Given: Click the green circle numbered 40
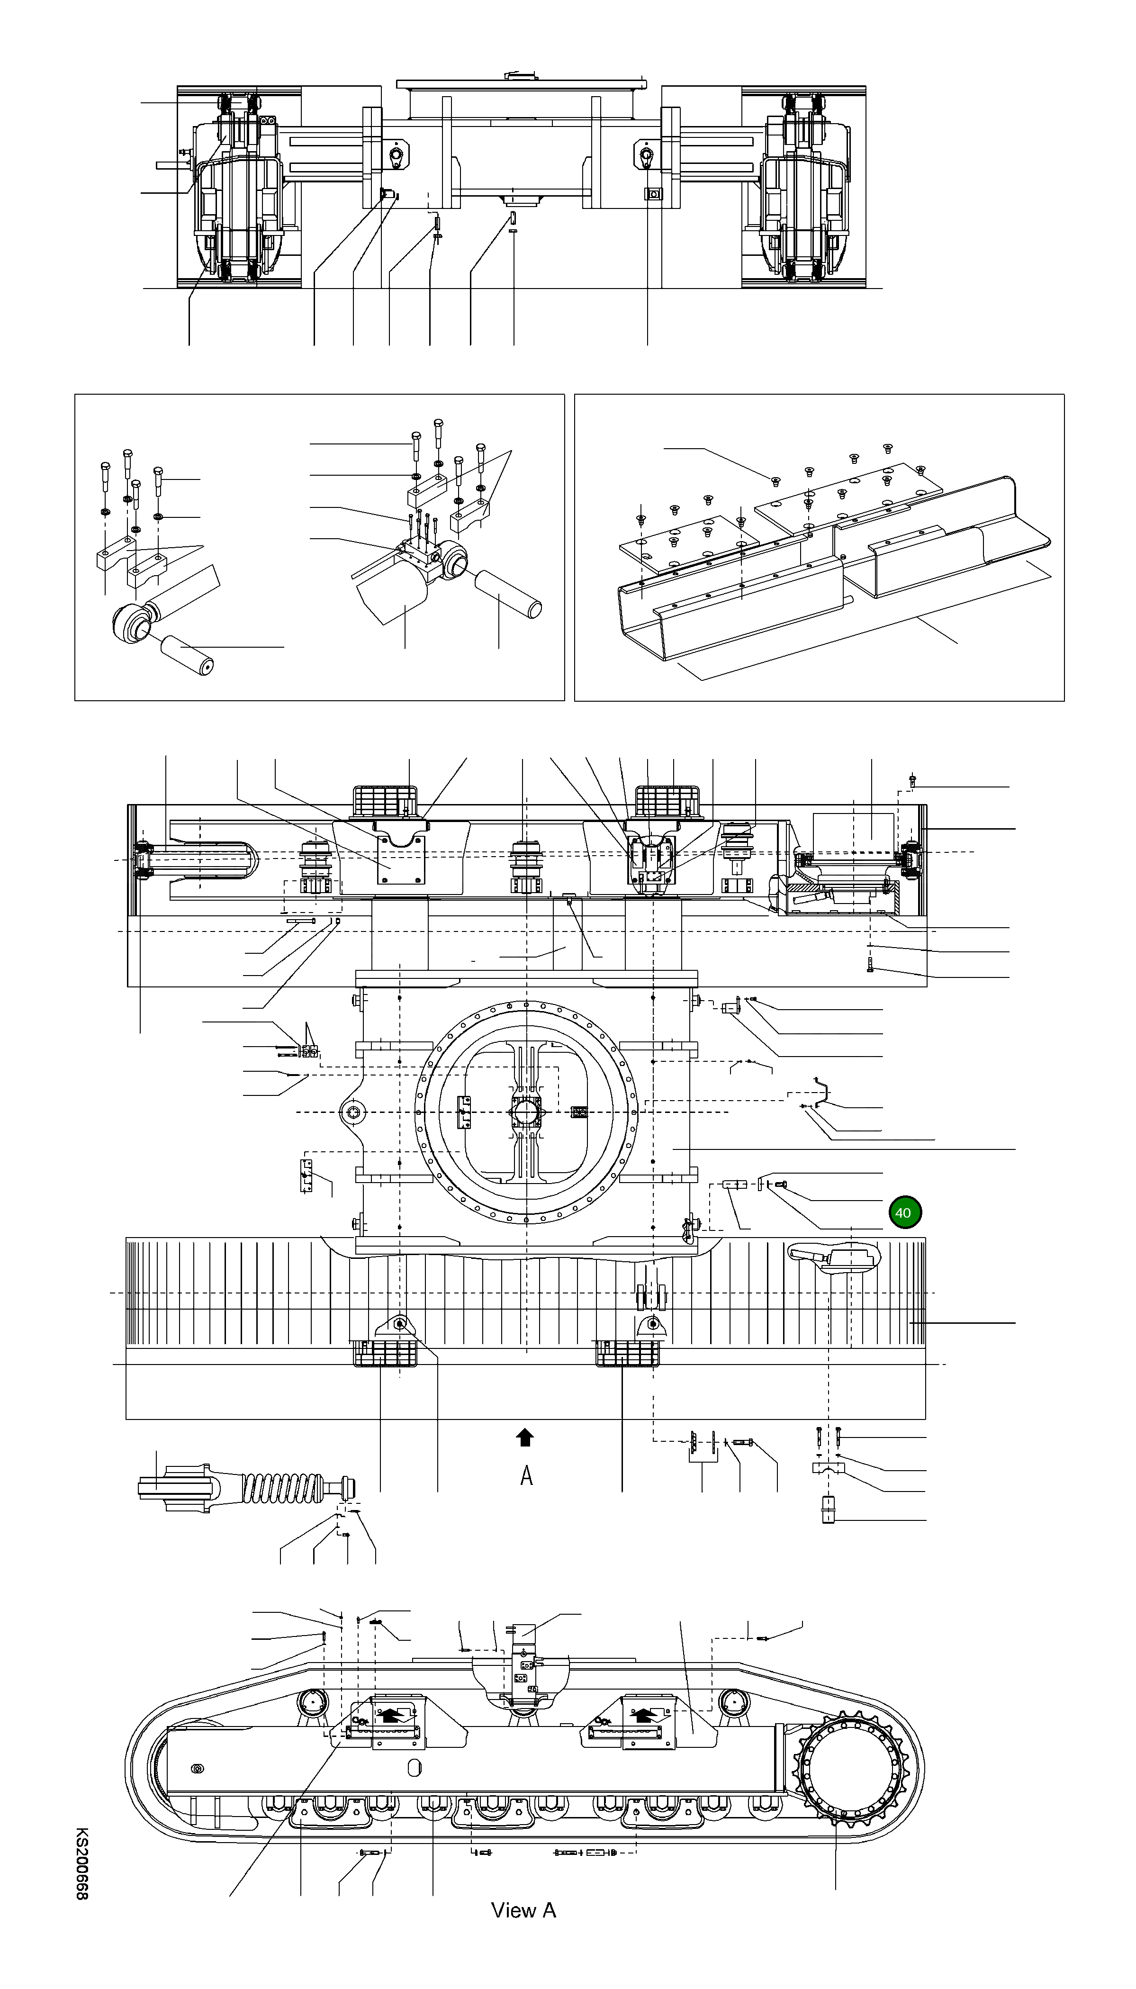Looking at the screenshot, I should pos(903,1212).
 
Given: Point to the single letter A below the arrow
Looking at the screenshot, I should pos(527,1475).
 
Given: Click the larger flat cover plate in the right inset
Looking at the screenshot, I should pos(850,492).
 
